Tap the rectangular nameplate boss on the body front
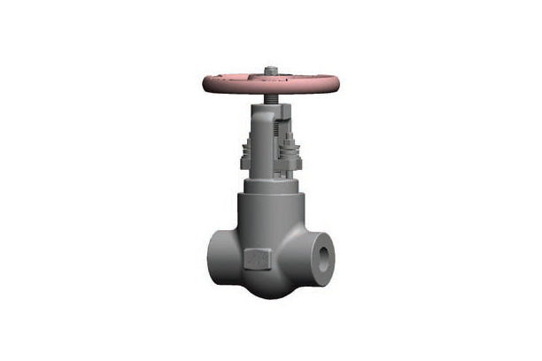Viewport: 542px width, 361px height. [x=256, y=260]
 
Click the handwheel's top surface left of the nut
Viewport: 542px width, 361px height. [x=239, y=75]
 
